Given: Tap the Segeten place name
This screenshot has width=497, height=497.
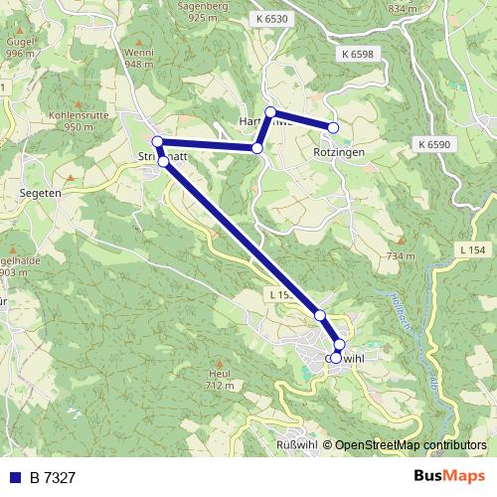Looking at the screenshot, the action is point(41,193).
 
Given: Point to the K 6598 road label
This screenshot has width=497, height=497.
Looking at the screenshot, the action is point(355,54).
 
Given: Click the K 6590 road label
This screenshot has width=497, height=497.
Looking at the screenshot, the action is point(434,144).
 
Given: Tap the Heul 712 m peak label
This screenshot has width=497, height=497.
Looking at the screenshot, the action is point(220,379).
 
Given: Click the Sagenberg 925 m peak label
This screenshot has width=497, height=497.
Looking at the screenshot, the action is point(202,12).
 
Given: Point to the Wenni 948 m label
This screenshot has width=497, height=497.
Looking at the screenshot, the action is point(139,57).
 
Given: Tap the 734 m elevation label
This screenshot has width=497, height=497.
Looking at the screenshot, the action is point(402,255).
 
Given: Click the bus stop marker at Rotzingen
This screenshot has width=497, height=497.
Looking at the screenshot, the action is point(333,127).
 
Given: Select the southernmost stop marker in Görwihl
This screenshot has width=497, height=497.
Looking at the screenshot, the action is point(336,358).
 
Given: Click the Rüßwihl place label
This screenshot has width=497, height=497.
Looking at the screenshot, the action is point(295,444).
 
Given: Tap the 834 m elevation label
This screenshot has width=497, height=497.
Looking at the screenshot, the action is point(404,8).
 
